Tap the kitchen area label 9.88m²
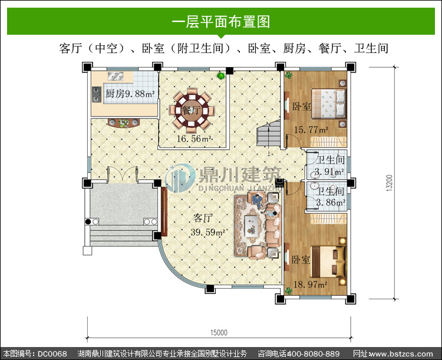pyautogui.click(x=140, y=94)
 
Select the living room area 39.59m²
pyautogui.click(x=208, y=232)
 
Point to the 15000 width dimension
pyautogui.click(x=219, y=333)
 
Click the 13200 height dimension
pyautogui.click(x=390, y=183)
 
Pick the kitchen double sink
pyautogui.click(x=116, y=76)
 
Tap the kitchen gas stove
pyautogui.click(x=97, y=94)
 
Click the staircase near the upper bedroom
pyautogui.click(x=268, y=134)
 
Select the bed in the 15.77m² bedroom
pyautogui.click(x=329, y=104)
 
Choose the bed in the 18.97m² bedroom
pyautogui.click(x=328, y=262)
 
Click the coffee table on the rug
pyautogui.click(x=252, y=225)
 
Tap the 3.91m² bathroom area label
pyautogui.click(x=329, y=171)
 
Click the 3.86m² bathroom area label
pyautogui.click(x=331, y=203)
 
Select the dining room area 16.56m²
pyautogui.click(x=194, y=138)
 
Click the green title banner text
pyautogui.click(x=221, y=21)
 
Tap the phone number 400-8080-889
pyautogui.click(x=312, y=354)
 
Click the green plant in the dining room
pyautogui.click(x=221, y=75)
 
